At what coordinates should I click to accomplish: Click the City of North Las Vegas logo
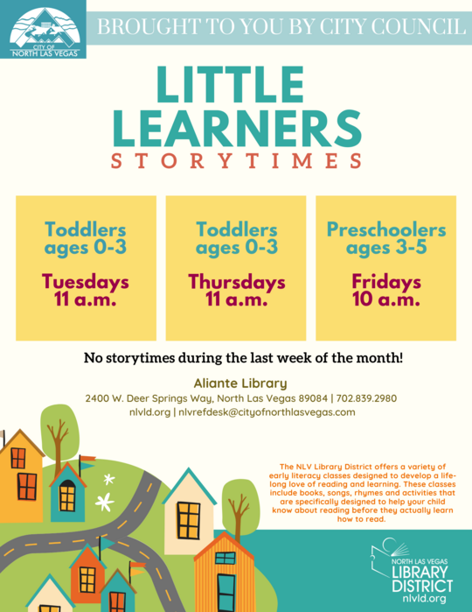(43, 30)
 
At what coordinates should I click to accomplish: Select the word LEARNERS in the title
(236, 128)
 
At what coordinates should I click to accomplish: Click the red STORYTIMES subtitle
(236, 162)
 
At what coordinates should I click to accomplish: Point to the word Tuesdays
(86, 283)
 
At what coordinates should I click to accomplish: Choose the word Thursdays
(237, 283)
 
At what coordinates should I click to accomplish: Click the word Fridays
(385, 283)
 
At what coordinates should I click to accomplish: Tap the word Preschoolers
(385, 230)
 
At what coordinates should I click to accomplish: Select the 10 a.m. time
(385, 300)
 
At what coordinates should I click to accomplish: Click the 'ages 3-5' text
(385, 248)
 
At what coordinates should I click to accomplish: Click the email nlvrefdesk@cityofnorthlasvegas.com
(267, 412)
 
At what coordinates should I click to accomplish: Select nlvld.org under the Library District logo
(425, 599)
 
